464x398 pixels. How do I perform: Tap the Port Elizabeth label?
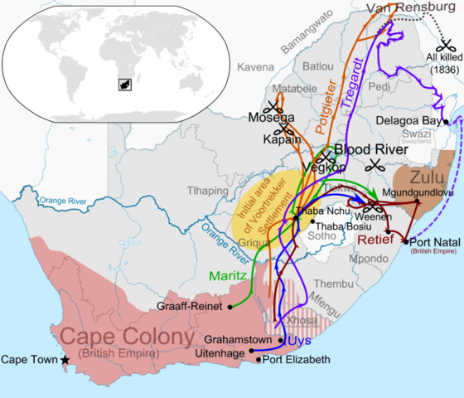click(x=296, y=360)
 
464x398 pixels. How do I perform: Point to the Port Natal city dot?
click(x=405, y=241)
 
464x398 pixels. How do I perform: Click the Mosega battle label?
click(x=267, y=119)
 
